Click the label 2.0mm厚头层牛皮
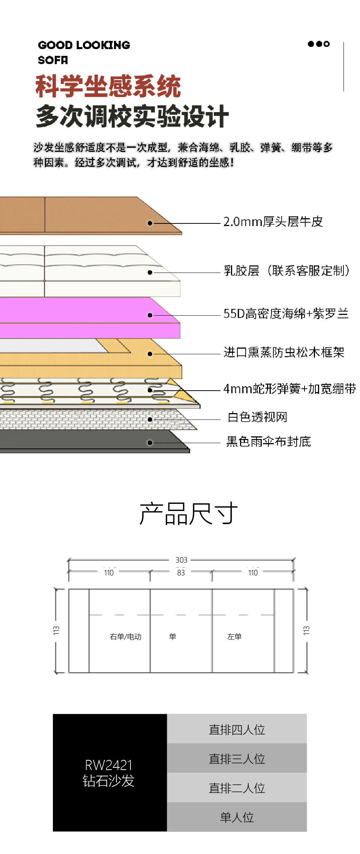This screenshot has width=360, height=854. coord(273,222)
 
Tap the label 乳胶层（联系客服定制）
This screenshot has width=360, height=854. coord(286,270)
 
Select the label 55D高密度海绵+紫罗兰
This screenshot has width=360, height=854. coord(286,313)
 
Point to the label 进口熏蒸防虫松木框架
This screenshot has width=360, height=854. coord(284,352)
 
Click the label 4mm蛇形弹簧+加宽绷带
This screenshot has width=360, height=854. coord(289,389)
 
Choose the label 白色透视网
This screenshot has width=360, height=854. coord(257,417)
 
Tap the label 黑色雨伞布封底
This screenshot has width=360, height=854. coord(268,442)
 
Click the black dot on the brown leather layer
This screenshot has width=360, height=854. coord(150,223)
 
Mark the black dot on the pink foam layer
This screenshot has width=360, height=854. coord(150,315)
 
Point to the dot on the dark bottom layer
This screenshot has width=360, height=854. coord(150,443)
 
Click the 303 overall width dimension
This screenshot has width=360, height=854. coord(181,560)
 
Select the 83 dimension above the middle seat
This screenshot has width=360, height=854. coord(181,573)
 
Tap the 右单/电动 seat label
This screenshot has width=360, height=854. coord(126,637)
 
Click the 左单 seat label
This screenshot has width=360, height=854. coord(234,637)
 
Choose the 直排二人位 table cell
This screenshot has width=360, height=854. coord(237,787)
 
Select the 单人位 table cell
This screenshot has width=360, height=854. coord(237,817)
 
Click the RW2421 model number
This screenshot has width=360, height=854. coord(109,765)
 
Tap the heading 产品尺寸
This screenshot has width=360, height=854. coord(188,514)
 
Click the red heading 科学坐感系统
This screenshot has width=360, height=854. coord(108,86)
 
